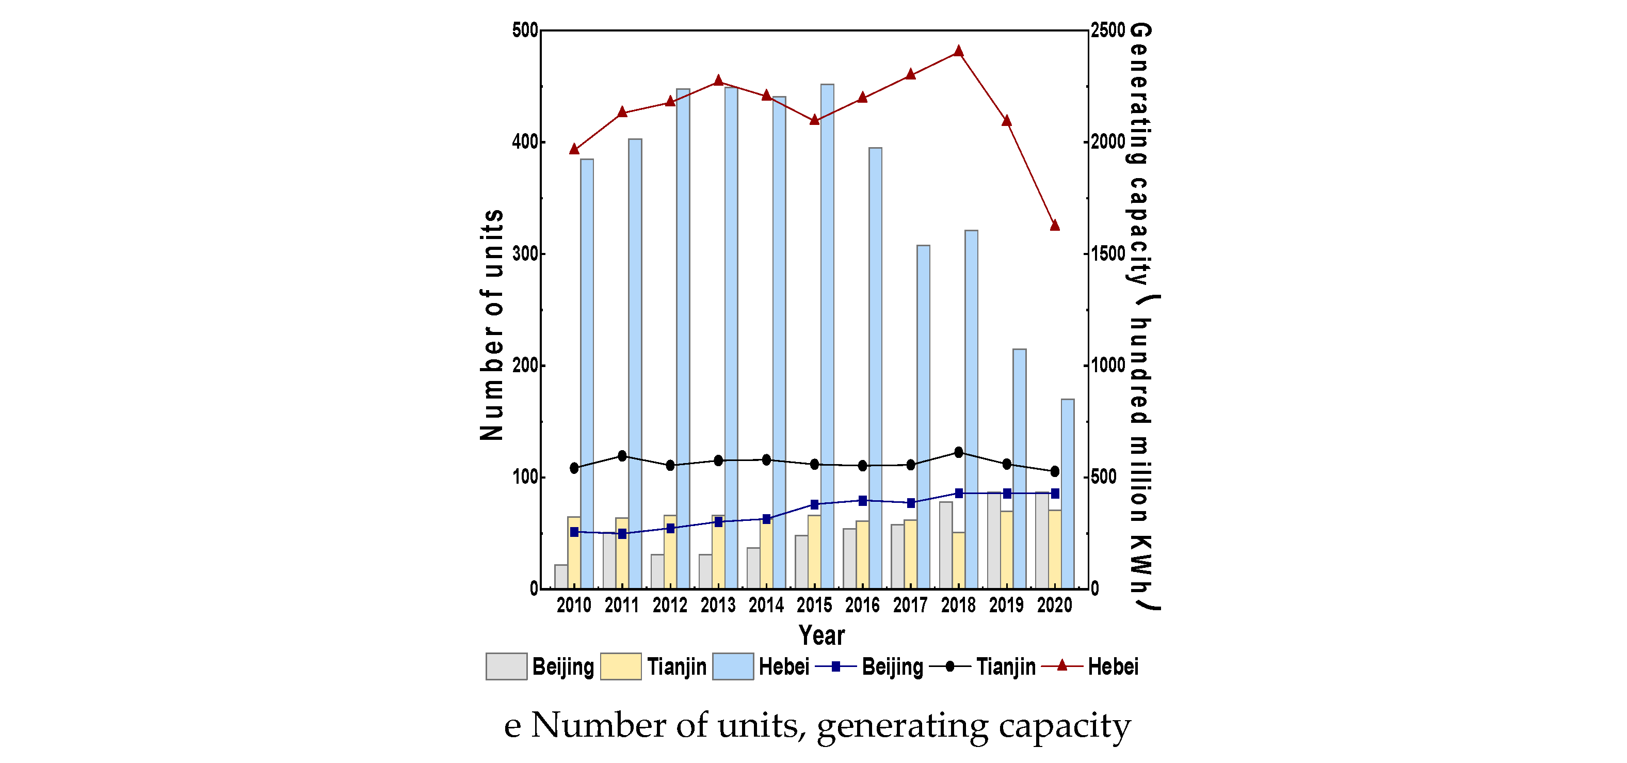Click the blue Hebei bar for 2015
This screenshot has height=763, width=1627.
(x=827, y=335)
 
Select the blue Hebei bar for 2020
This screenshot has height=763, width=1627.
(x=1068, y=492)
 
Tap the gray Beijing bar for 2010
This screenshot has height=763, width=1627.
(x=561, y=576)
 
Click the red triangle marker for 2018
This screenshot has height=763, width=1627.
(x=958, y=51)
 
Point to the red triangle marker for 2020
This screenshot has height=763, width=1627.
(x=1054, y=225)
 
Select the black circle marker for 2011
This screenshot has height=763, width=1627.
(x=622, y=455)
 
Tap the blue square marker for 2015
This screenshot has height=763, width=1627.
(x=814, y=504)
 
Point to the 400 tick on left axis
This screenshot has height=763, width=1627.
(x=524, y=141)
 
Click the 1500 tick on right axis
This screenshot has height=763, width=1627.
(x=1108, y=253)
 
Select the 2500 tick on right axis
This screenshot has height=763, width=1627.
(x=1108, y=30)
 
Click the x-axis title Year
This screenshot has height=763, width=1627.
(x=821, y=635)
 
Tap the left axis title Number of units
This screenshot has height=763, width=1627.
(x=491, y=325)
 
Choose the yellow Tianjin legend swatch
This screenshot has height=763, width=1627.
(x=620, y=666)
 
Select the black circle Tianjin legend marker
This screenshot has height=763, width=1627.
(x=949, y=666)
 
